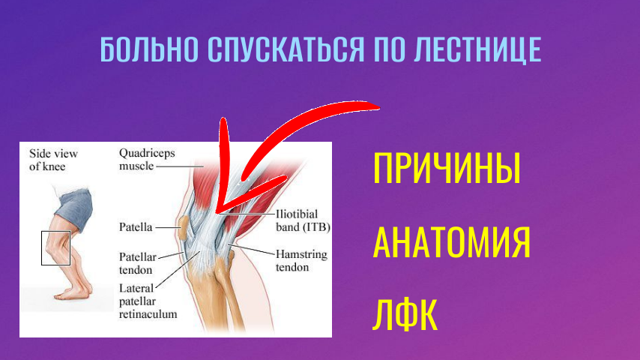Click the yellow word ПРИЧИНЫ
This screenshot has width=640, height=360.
click(447, 169)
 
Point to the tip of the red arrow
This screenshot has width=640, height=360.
click(216, 212)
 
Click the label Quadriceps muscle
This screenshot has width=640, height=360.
click(147, 159)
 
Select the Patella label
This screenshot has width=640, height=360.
click(136, 225)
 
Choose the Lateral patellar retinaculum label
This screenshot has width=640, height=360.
click(148, 301)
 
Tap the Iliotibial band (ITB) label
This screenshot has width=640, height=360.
click(303, 220)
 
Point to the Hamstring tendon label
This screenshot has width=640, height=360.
click(301, 261)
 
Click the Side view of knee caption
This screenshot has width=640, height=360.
click(52, 160)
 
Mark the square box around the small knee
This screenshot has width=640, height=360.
click(55, 247)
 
